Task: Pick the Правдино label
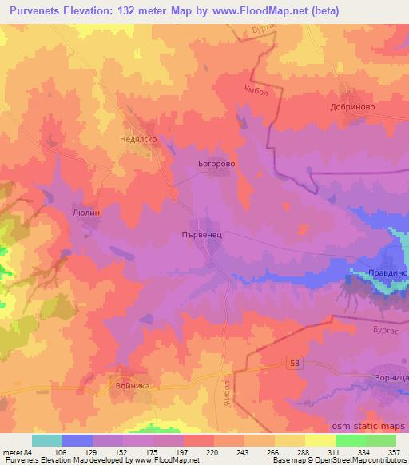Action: [x=387, y=273]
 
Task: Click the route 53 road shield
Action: [x=296, y=363]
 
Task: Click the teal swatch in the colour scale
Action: [x=47, y=440]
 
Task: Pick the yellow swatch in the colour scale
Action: [x=320, y=440]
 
